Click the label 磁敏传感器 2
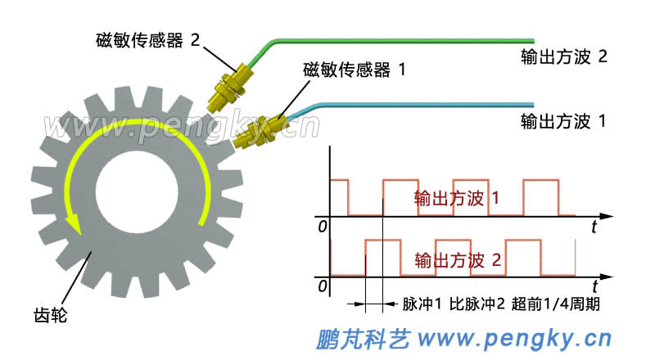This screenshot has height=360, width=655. (148, 41)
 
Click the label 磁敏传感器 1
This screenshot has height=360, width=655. (355, 70)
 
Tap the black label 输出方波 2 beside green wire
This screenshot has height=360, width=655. (564, 56)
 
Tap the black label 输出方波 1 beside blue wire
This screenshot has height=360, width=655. (563, 122)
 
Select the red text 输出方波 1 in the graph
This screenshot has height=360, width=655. (457, 198)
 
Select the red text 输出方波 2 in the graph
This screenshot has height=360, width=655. (458, 260)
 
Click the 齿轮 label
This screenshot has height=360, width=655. (50, 315)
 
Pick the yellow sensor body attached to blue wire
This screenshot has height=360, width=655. (260, 132)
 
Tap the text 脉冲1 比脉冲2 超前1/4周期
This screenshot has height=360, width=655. (501, 304)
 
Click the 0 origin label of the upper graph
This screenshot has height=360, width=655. (322, 227)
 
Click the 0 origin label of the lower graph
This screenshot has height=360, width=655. (322, 286)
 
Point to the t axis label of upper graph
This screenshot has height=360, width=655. (594, 227)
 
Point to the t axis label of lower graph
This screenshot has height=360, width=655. (594, 286)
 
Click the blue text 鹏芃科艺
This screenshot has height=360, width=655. (363, 339)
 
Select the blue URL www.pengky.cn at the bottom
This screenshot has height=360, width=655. (515, 339)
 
